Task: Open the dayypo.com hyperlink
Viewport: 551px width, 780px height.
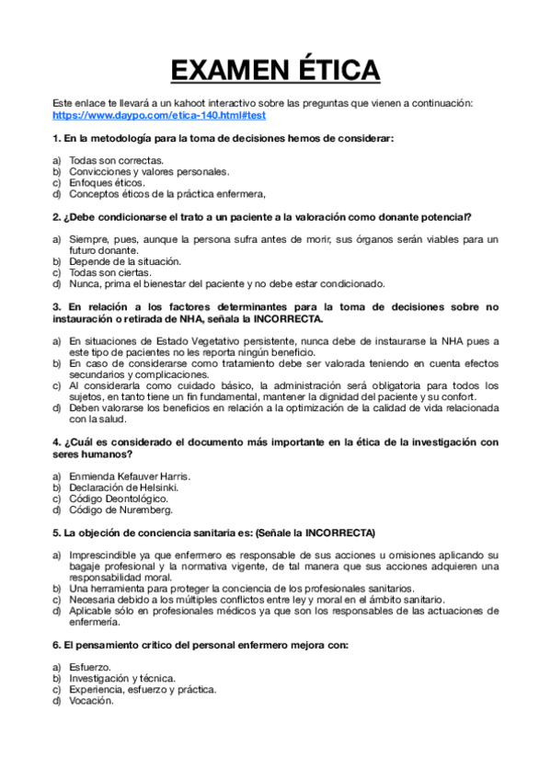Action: pos(159,116)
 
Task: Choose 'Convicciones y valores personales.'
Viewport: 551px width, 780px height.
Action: pos(149,171)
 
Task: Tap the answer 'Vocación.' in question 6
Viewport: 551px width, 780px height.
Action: pos(92,700)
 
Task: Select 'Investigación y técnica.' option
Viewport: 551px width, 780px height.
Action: pos(122,678)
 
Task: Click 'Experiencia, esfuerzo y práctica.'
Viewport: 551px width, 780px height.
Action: pos(143,689)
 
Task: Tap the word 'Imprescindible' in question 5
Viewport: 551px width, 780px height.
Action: pos(107,555)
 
